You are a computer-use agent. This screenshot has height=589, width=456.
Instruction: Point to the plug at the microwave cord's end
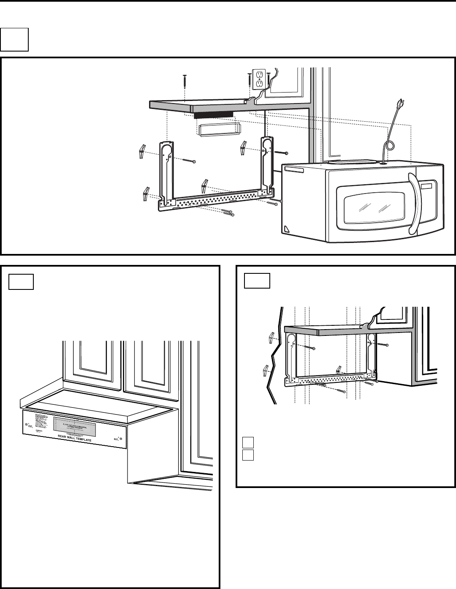pos(399,103)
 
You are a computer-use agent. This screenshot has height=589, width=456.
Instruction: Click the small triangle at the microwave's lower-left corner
pos(287,228)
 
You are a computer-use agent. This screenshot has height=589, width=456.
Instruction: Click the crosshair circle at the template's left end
pos(27,424)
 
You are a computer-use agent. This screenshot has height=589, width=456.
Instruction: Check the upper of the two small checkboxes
pos(248,443)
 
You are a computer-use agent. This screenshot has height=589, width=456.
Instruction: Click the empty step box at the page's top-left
pos(14,40)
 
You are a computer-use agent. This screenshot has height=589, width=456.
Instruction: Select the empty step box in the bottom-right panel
pos(257,281)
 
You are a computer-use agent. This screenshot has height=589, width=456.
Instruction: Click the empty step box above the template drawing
pos(21,281)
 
